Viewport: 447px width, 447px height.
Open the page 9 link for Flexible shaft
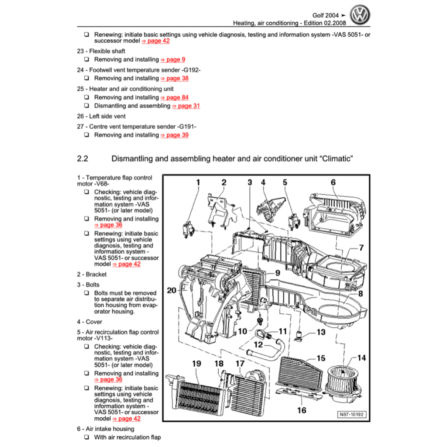click(173, 59)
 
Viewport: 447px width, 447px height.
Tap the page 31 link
click(186, 106)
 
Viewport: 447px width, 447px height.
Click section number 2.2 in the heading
click(83, 159)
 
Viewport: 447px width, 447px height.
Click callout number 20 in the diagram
click(172, 291)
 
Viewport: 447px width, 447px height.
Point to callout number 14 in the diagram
click(361, 358)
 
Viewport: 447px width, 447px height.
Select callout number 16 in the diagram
click(302, 410)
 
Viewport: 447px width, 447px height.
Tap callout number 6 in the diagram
click(333, 182)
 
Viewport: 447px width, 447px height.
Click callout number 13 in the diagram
click(321, 332)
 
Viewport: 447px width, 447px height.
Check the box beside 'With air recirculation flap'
click(86, 437)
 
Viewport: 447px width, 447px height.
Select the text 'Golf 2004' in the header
click(325, 15)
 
